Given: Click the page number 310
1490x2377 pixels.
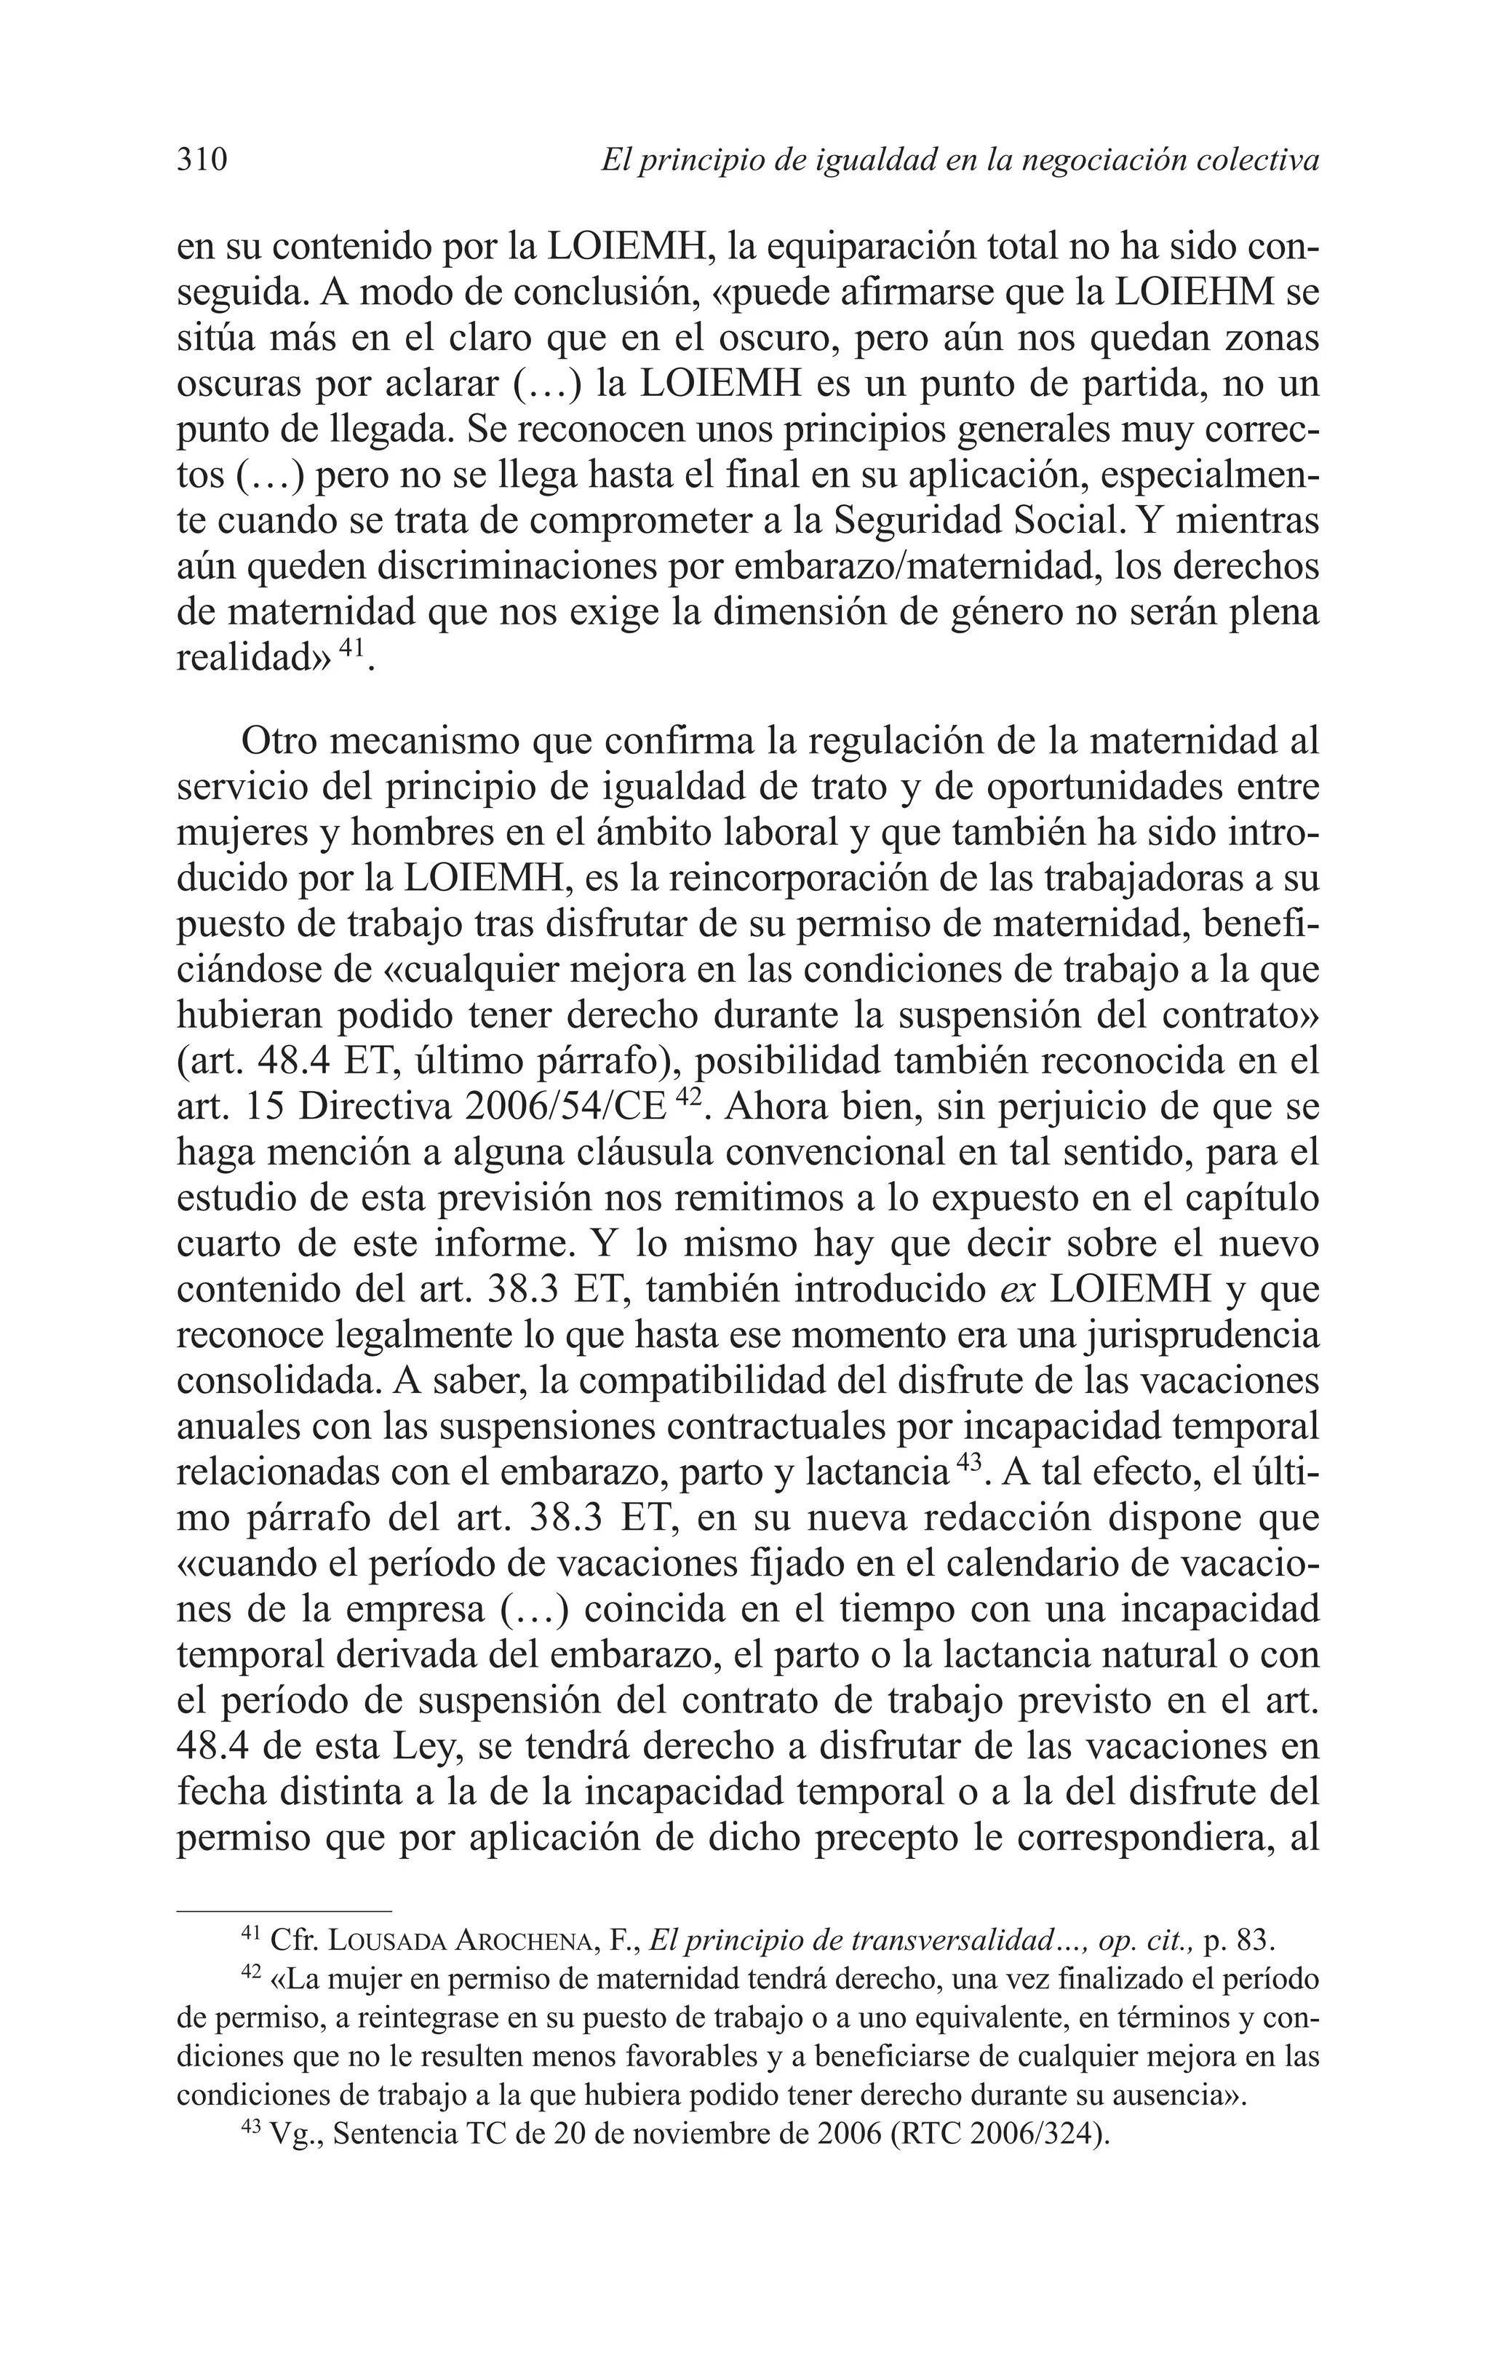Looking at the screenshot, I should (202, 159).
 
